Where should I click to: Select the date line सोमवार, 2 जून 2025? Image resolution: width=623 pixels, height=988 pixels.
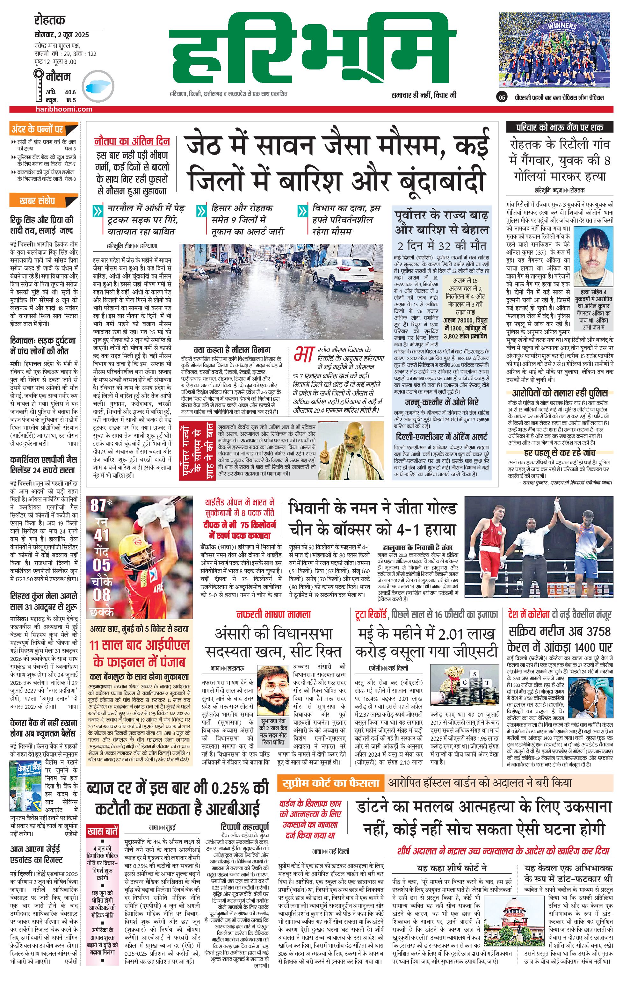[62, 35]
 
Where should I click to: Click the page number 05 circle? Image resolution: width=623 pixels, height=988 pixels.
[502, 98]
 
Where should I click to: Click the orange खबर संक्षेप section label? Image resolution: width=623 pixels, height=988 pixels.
[37, 201]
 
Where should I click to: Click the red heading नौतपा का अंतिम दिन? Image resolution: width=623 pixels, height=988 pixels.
[132, 141]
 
